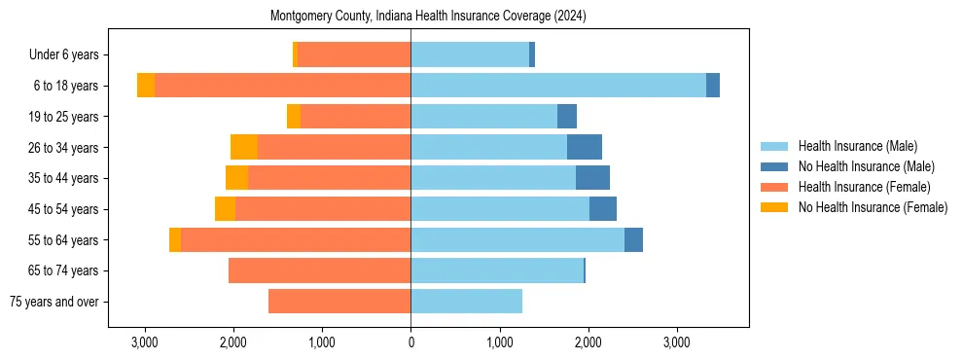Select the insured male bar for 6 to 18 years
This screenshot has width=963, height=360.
pyautogui.click(x=558, y=86)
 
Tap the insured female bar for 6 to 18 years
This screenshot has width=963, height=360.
pyautogui.click(x=282, y=86)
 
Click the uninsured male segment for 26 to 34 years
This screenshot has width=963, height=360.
pyautogui.click(x=585, y=147)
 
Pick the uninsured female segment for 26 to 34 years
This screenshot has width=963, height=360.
pyautogui.click(x=244, y=147)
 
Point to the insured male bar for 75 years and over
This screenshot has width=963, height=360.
pyautogui.click(x=466, y=302)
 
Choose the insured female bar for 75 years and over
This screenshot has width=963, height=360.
pyautogui.click(x=339, y=302)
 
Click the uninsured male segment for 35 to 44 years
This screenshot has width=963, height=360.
pyautogui.click(x=592, y=178)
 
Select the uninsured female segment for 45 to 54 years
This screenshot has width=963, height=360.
pyautogui.click(x=225, y=209)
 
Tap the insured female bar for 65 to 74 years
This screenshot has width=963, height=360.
pyautogui.click(x=319, y=270)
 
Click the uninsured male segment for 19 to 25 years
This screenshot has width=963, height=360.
pyautogui.click(x=567, y=117)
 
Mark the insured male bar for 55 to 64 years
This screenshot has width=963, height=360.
pyautogui.click(x=517, y=240)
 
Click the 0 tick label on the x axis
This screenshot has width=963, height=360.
pyautogui.click(x=410, y=342)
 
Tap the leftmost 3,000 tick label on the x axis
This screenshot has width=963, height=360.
pyautogui.click(x=144, y=342)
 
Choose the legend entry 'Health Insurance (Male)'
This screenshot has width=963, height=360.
pyautogui.click(x=857, y=146)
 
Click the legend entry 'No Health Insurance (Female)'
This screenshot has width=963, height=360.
pyautogui.click(x=873, y=207)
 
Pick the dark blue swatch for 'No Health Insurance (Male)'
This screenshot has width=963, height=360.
pyautogui.click(x=774, y=166)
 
